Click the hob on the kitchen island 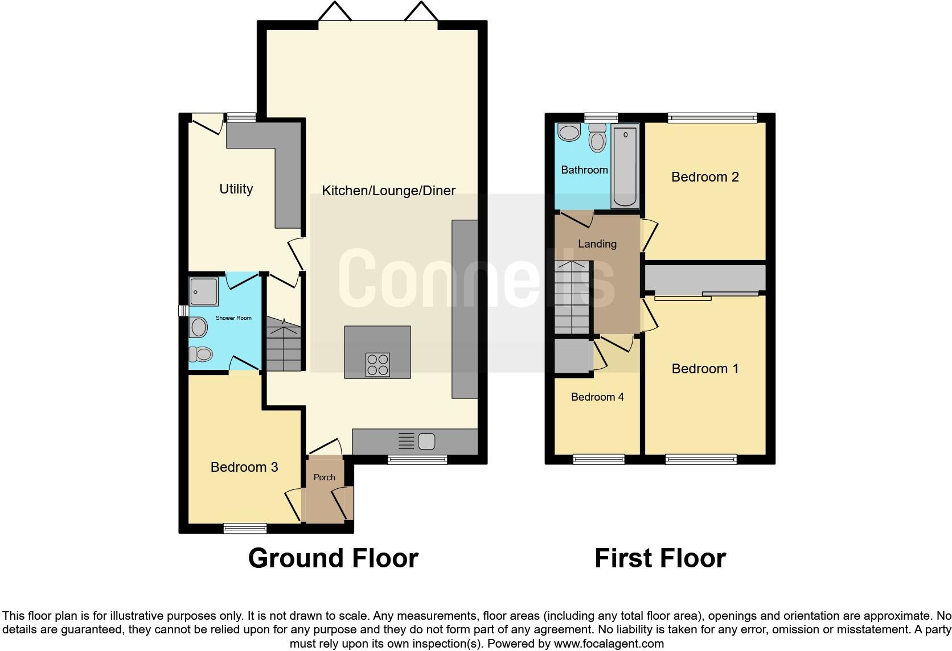377,365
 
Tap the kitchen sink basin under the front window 426,441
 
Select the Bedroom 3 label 244,467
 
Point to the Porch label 325,477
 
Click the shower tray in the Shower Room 203,291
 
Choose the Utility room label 236,189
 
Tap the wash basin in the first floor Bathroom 569,133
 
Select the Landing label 597,244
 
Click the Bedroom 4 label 597,397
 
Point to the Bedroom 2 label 705,177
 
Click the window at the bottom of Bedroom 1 701,459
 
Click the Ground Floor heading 333,558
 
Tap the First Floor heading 660,558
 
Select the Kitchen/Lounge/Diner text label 388,191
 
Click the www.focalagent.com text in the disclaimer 608,644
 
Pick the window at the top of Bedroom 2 712,118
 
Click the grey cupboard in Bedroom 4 572,356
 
